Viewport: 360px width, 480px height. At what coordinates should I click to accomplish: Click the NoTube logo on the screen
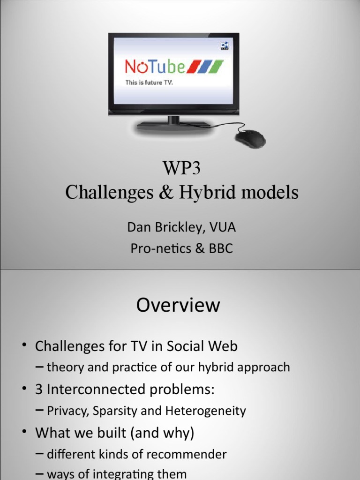tap(155, 66)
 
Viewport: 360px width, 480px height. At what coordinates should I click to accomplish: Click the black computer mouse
tap(249, 139)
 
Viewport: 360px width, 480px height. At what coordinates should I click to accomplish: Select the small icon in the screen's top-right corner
tap(225, 45)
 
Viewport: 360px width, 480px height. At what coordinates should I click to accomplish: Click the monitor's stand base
tap(173, 125)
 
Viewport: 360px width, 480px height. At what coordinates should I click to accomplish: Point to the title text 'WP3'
tap(181, 167)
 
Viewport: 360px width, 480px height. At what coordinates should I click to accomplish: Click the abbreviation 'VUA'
tap(222, 228)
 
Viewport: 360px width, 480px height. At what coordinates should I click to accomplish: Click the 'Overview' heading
tap(178, 305)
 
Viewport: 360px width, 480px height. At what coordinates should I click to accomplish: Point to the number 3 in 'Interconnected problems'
tap(39, 390)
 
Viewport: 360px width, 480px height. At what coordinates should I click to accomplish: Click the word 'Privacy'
tap(67, 411)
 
